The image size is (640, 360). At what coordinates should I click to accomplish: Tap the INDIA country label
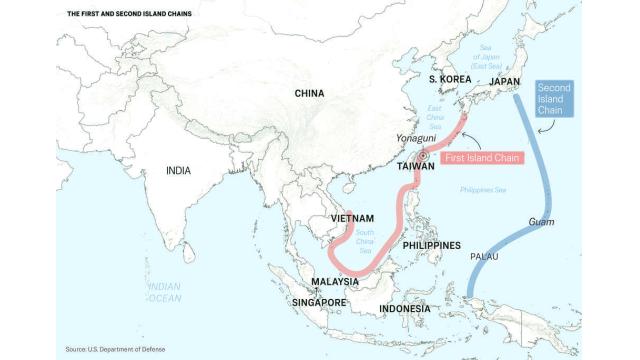178,171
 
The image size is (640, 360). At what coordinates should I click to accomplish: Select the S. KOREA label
449,79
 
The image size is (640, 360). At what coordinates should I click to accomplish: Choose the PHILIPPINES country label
432,245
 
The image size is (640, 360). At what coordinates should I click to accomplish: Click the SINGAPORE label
319,302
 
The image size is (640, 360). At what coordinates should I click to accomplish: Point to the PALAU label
487,257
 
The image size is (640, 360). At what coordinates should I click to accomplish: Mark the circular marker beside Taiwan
425,156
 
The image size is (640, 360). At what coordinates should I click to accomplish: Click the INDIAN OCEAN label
163,292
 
